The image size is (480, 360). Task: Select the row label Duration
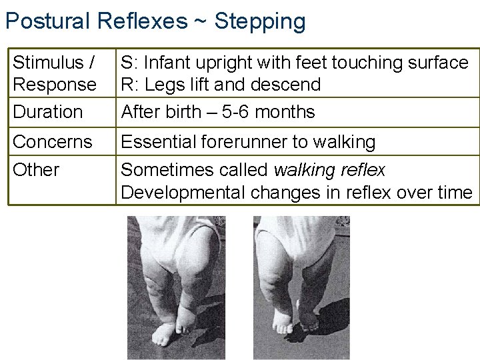click(48, 111)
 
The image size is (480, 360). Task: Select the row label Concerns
click(53, 142)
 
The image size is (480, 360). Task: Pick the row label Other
click(36, 169)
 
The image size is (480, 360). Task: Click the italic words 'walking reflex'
click(329, 170)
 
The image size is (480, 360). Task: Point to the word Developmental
click(183, 193)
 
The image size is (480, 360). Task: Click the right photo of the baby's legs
click(301, 287)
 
